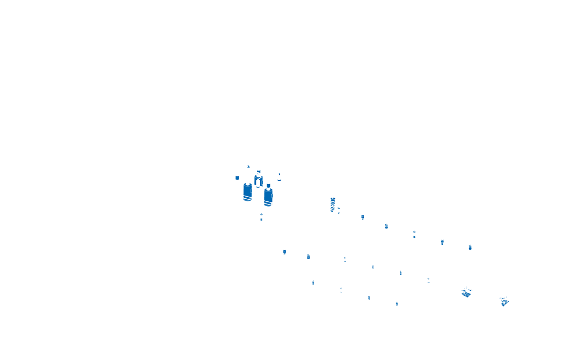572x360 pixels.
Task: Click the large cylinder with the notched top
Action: (x=248, y=192)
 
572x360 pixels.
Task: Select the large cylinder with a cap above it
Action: (x=268, y=198)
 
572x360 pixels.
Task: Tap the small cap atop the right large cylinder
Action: (x=268, y=185)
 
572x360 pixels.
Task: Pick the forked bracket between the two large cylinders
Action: (x=258, y=181)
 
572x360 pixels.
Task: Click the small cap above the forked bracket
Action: (x=258, y=172)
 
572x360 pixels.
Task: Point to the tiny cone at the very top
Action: (x=248, y=166)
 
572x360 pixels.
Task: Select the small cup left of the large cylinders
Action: (x=237, y=177)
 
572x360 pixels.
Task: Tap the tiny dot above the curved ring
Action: (x=279, y=174)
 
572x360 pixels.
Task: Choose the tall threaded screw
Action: (x=333, y=204)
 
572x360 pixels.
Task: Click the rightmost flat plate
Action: (x=504, y=302)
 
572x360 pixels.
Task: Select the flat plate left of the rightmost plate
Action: (x=466, y=294)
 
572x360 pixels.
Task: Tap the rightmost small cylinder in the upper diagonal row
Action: (x=470, y=247)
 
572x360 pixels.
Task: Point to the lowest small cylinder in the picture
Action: (x=397, y=303)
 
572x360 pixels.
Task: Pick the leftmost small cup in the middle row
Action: (x=284, y=252)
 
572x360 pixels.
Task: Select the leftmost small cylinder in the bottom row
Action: (x=313, y=282)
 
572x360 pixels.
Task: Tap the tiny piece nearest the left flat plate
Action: (x=466, y=287)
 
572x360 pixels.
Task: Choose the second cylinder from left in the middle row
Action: (x=308, y=256)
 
